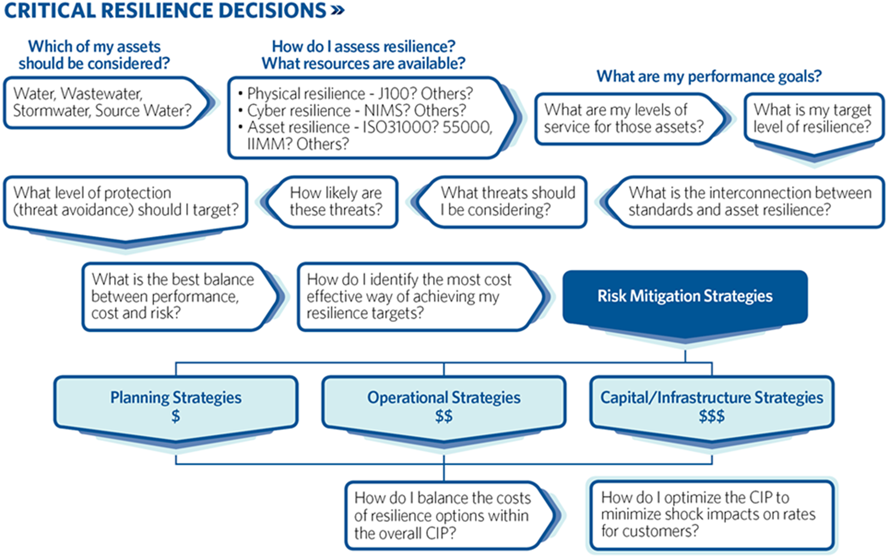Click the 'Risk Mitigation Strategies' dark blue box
[685, 296]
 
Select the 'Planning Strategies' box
[175, 406]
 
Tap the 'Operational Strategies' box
[444, 406]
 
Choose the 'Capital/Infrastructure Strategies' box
[712, 406]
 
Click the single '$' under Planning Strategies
[175, 416]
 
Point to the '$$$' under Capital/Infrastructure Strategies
[712, 416]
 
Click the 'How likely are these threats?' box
[335, 201]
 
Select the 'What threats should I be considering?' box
[507, 201]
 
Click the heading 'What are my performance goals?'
[709, 76]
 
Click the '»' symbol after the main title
[338, 10]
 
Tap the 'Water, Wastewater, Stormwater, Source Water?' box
[102, 102]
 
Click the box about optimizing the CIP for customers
[711, 515]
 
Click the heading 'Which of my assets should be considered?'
[94, 55]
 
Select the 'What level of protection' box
[125, 202]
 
